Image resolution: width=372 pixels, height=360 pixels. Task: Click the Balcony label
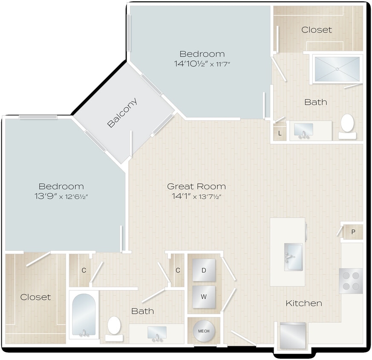tap(123, 113)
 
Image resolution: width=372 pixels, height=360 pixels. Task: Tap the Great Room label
tap(196, 186)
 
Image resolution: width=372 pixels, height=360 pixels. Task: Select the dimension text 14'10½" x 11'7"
tap(202, 64)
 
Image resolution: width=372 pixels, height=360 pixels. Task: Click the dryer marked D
tap(204, 270)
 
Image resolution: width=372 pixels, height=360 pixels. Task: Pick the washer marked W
tap(204, 297)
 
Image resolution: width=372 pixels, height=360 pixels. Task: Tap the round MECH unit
tap(204, 331)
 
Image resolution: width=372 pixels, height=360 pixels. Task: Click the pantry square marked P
tap(353, 232)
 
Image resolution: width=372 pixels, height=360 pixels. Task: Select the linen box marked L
tap(280, 134)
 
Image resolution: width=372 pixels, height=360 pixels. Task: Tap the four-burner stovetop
tap(351, 281)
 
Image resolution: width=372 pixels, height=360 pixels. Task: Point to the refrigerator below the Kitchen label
tap(293, 336)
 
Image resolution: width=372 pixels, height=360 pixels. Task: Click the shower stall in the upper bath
tap(337, 69)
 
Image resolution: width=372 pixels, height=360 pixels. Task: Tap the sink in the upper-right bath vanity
tap(304, 130)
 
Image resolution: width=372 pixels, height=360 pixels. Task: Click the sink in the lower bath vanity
tap(157, 333)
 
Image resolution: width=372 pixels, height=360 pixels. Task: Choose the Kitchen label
tap(303, 303)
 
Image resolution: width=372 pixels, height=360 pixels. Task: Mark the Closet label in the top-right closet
tap(316, 30)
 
